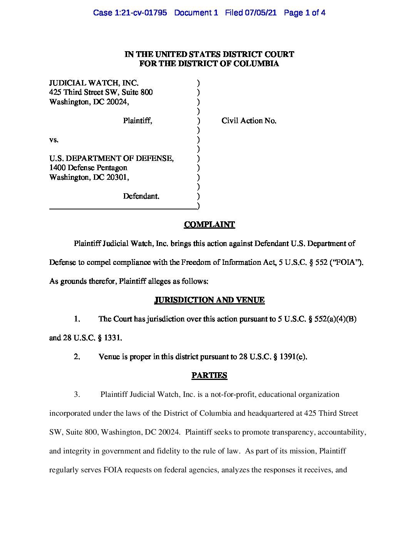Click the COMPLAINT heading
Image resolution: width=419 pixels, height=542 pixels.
coord(209,224)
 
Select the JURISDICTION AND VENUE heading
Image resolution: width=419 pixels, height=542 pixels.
coord(209,300)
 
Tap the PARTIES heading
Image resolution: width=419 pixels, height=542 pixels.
coord(209,375)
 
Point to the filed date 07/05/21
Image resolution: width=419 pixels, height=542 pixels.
coord(262,13)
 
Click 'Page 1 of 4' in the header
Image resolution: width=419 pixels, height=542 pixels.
coord(304,13)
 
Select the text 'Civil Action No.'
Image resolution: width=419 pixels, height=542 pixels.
coord(249,121)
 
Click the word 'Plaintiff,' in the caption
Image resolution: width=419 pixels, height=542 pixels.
coord(137,121)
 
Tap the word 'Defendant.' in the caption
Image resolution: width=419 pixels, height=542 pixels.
coord(141,196)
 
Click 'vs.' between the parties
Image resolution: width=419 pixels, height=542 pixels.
coord(54,140)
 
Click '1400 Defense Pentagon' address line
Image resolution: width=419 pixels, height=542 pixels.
coord(88,168)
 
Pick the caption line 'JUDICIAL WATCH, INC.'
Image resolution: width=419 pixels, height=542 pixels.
coord(94,83)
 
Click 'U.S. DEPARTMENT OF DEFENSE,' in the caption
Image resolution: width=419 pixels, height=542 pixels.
coord(111,159)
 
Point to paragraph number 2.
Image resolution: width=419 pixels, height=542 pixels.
coord(77,356)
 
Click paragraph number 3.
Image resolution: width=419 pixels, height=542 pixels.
coord(77,394)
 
